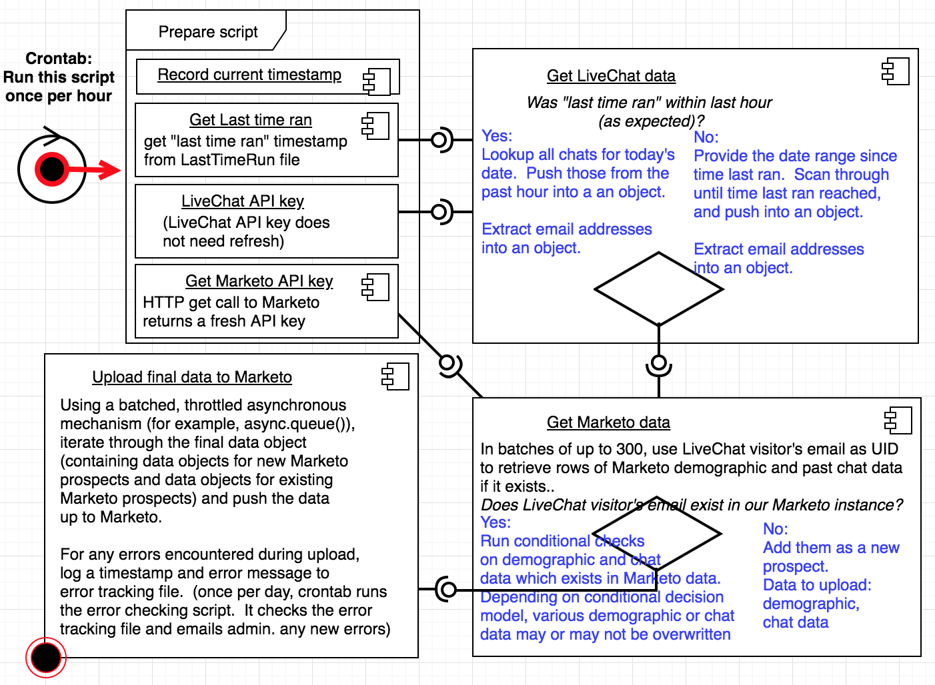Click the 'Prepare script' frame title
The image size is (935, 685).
pos(207,32)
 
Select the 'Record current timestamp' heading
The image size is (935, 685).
pos(249,75)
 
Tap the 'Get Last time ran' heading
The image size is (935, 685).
pos(250,120)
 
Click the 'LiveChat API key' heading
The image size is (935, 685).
pos(242,201)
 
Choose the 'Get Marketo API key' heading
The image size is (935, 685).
pos(259,281)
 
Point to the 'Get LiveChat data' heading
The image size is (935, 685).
pos(611,76)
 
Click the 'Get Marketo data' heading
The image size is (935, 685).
pos(608,422)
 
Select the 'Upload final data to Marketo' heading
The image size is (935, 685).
pos(192,377)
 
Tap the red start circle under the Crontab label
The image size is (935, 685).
pos(52,169)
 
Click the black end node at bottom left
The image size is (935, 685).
pos(46,658)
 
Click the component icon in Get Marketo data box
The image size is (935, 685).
pos(898,420)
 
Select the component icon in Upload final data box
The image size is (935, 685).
pos(395,376)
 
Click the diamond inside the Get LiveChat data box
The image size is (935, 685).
pos(659,289)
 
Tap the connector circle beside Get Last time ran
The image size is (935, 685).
pos(439,140)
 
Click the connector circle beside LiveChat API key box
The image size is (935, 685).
pos(439,212)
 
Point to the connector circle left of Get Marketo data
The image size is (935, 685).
pos(448,590)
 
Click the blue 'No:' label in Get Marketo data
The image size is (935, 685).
pos(775,529)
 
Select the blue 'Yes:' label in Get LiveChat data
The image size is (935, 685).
pos(497,136)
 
